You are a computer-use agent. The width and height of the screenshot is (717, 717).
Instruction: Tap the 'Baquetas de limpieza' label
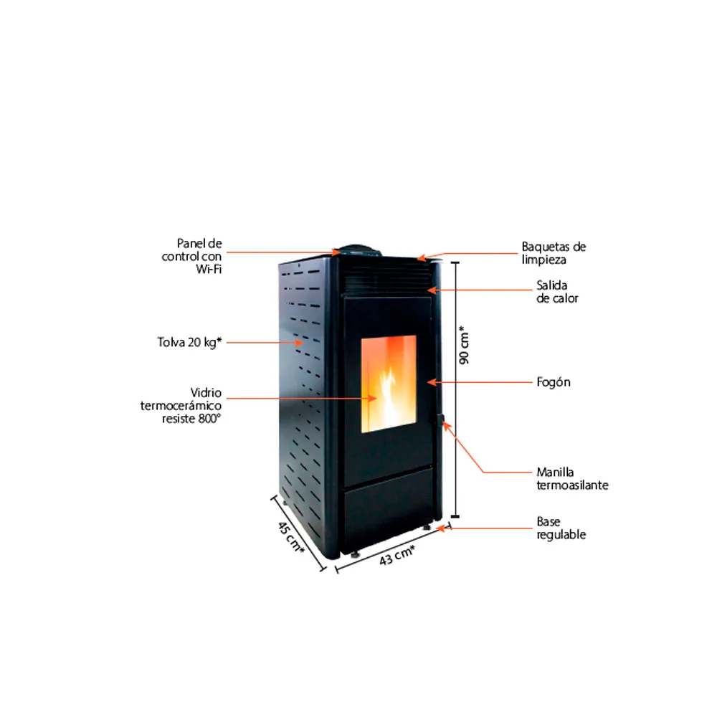554,252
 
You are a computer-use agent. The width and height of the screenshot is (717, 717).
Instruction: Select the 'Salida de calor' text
557,291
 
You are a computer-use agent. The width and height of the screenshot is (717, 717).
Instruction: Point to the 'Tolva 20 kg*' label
189,342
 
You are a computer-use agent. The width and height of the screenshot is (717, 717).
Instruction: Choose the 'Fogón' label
554,382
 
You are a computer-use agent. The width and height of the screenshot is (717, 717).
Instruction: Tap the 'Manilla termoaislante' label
572,478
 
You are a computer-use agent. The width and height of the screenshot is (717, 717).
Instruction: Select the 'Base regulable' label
561,528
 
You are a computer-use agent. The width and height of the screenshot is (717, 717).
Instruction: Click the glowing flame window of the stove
388,384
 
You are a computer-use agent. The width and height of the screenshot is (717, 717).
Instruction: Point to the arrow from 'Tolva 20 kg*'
265,343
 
